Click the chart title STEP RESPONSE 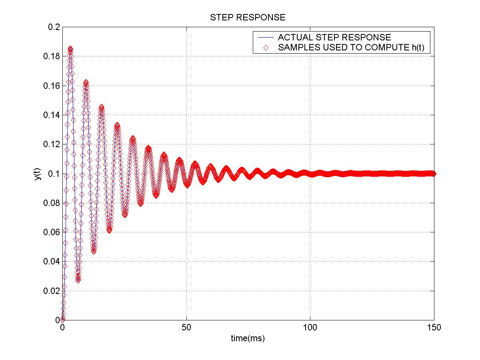tap(248, 18)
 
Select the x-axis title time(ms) tap(248, 338)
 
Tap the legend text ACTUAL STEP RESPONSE tap(334, 38)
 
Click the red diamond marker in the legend tap(265, 48)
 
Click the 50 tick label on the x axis tap(186, 328)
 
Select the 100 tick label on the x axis tap(310, 328)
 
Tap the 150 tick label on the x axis tap(434, 328)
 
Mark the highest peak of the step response tap(70, 49)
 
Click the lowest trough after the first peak tap(78, 280)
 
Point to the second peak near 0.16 tap(86, 83)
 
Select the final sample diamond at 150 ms tap(434, 174)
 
